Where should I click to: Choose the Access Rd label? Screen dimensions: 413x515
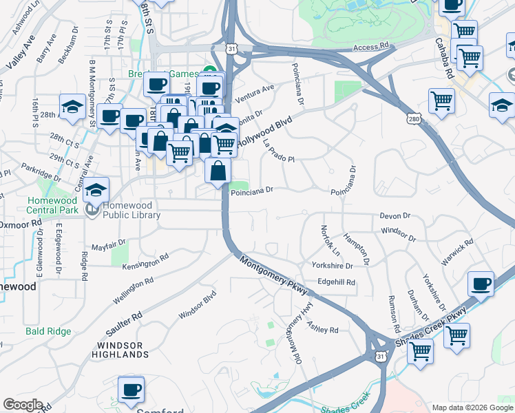click(371, 47)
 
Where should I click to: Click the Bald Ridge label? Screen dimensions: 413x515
click(48, 331)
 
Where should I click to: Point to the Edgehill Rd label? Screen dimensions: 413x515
click(336, 282)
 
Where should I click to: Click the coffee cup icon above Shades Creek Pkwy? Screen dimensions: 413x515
click(481, 284)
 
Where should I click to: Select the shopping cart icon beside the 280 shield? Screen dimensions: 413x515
click(441, 100)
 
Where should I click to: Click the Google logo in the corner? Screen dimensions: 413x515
click(23, 405)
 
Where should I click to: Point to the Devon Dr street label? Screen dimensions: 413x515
click(395, 216)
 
